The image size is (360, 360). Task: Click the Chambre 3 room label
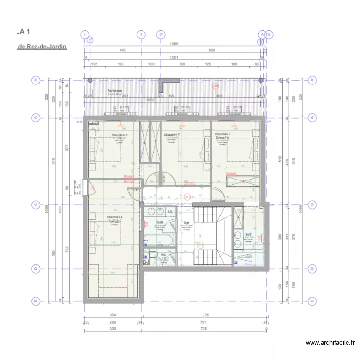click(119, 135)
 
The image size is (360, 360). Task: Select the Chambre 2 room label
click(171, 135)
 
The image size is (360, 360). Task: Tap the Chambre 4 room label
click(115, 217)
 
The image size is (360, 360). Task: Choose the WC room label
click(164, 255)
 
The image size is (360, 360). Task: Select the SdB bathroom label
click(160, 223)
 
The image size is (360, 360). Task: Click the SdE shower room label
click(248, 235)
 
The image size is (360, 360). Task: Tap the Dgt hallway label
click(186, 223)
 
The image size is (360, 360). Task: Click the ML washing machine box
click(170, 212)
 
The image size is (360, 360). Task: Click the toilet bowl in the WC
click(154, 256)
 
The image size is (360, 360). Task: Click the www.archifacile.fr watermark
click(330, 343)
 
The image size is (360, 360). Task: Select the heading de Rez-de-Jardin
click(42, 47)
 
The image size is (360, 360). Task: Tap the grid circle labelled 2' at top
click(162, 35)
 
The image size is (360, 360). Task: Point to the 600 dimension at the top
click(211, 50)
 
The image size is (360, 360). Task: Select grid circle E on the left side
click(36, 301)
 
